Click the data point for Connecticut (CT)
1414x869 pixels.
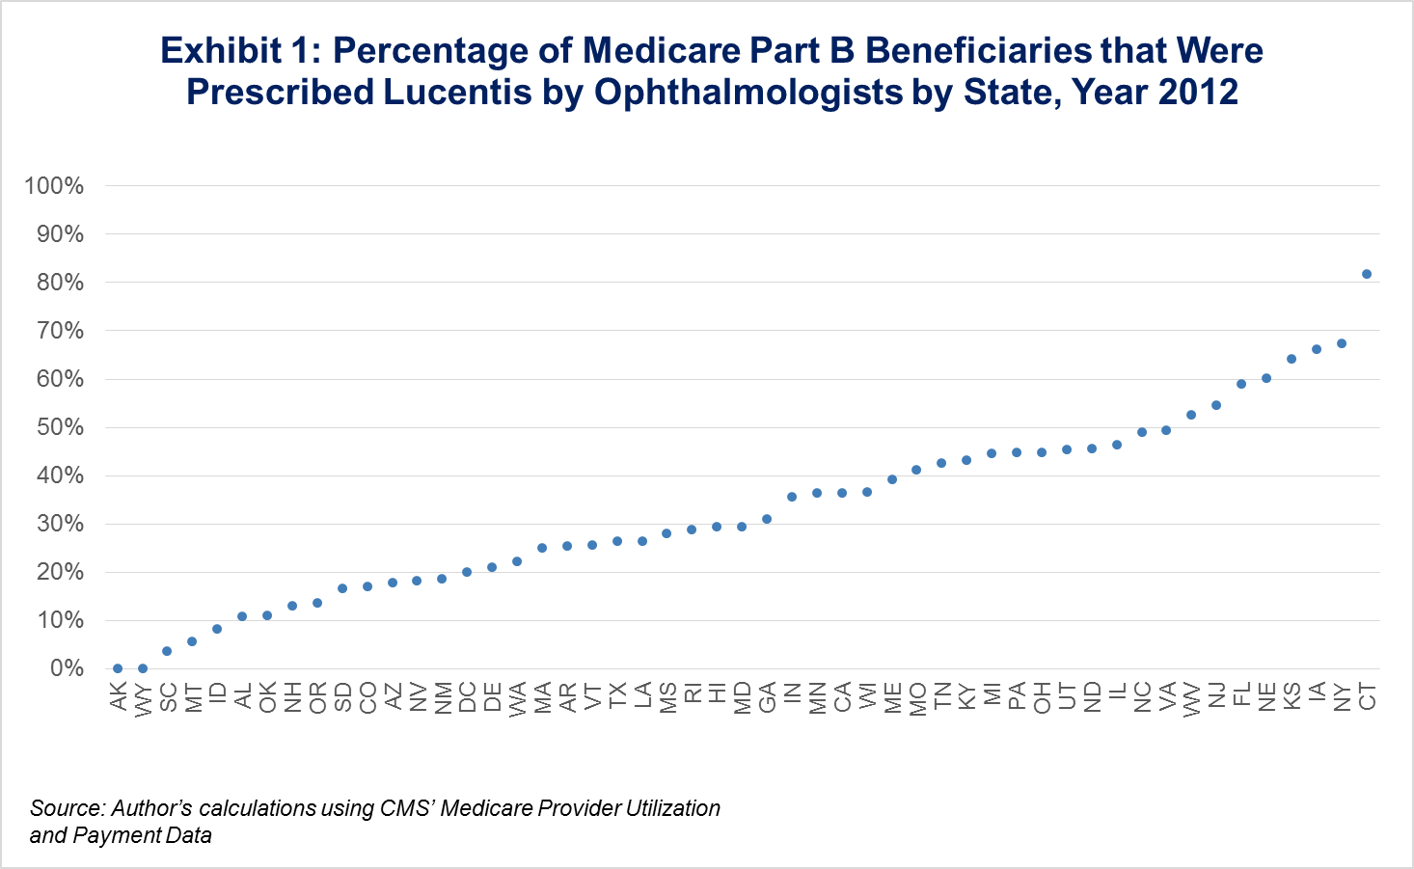tap(1367, 274)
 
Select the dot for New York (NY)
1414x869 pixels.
tap(1342, 343)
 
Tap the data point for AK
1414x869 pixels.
tap(118, 668)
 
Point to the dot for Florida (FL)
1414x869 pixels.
tap(1241, 384)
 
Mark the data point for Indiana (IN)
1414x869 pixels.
tap(792, 497)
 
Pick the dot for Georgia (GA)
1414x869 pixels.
tap(767, 519)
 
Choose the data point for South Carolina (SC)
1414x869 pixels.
tap(167, 651)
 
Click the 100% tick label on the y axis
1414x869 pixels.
tap(54, 186)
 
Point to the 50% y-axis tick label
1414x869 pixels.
tap(60, 427)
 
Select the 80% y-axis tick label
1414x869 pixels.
tap(60, 283)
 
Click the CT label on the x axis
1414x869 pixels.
tap(1367, 696)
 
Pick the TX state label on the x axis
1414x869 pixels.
tap(617, 696)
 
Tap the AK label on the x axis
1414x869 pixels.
tap(118, 696)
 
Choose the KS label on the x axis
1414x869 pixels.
tap(1292, 696)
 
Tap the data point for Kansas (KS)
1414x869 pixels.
tap(1292, 359)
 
